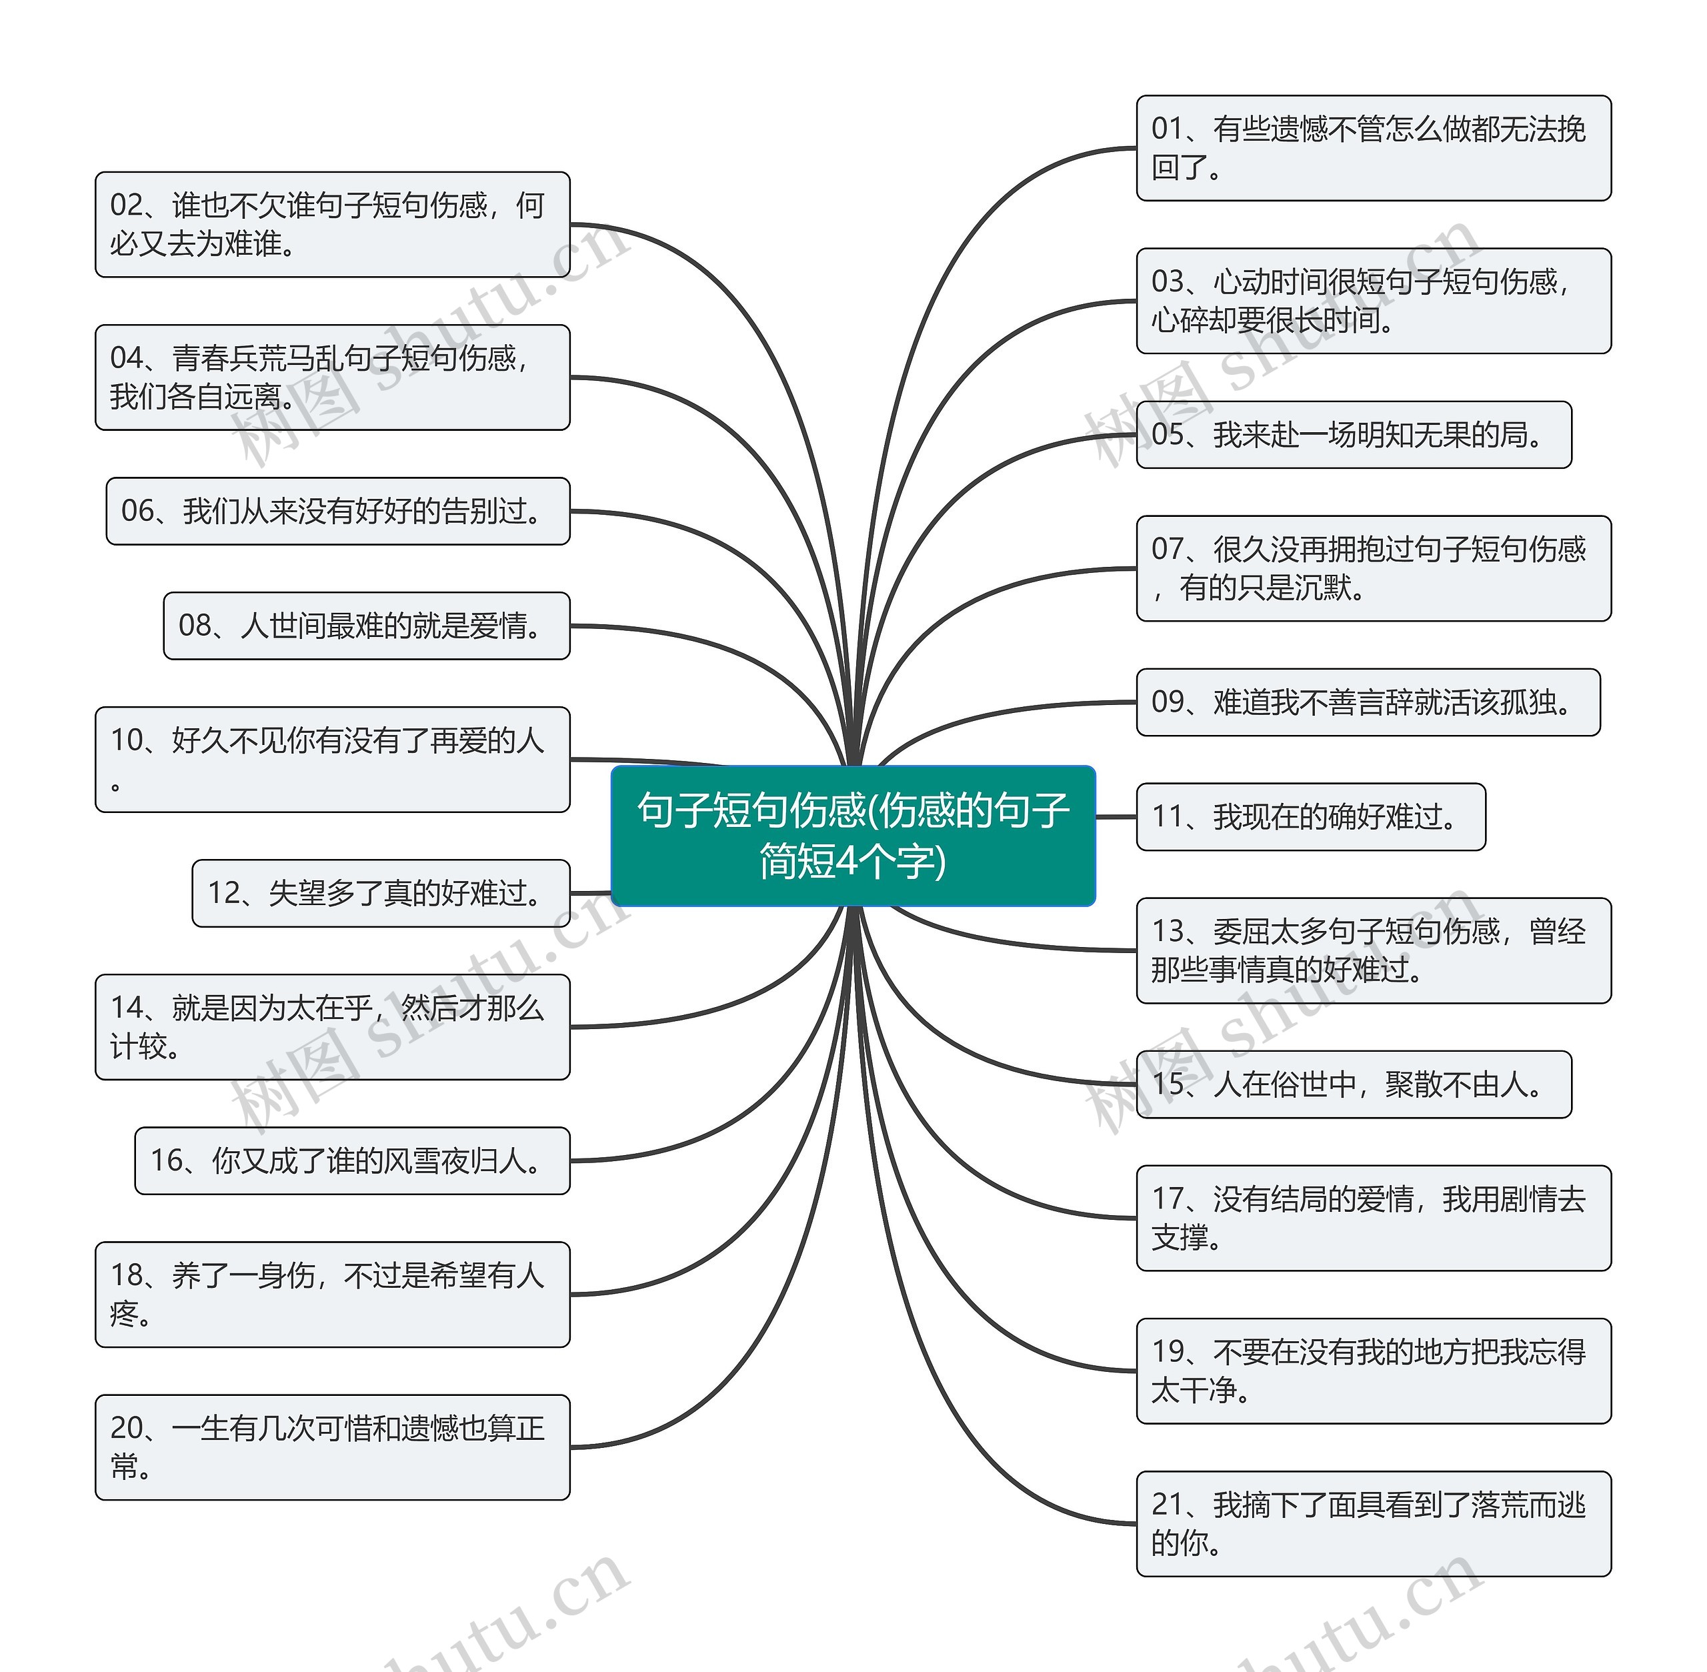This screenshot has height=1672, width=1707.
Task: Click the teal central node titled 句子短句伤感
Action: [853, 835]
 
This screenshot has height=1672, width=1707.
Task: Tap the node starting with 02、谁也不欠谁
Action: [332, 224]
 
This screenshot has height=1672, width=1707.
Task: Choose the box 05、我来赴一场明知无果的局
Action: [1353, 435]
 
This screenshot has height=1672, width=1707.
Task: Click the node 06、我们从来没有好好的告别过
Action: [338, 511]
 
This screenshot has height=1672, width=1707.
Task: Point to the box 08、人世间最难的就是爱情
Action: [366, 625]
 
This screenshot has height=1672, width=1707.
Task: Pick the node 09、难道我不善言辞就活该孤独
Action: [1367, 702]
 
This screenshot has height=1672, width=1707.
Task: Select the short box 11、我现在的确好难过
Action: [1310, 817]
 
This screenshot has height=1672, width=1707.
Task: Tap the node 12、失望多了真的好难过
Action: [380, 893]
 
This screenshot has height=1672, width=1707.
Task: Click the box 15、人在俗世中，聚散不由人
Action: [1353, 1084]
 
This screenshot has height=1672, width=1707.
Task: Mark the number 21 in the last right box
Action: [1167, 1505]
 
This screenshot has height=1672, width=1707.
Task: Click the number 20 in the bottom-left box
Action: [125, 1429]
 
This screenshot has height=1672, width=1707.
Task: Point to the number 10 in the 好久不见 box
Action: [125, 740]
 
